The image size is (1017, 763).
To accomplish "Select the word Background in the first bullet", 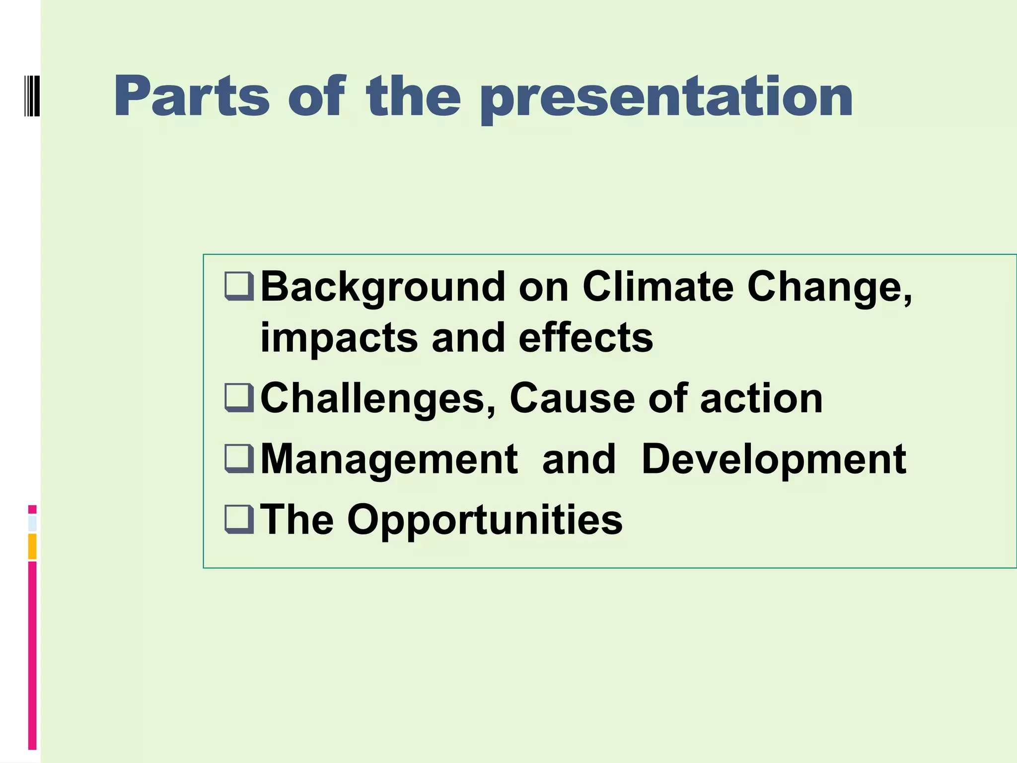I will pos(383,288).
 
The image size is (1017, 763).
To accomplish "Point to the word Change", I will pos(829,288).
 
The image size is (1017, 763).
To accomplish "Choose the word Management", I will pos(389,459).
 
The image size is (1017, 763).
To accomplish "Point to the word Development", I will pos(774,459).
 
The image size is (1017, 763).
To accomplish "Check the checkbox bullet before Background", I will pos(239,286).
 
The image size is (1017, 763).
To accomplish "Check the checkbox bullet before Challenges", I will pos(239,397).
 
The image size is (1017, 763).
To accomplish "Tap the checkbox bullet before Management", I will pos(239,458).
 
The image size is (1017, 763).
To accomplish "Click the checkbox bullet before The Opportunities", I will pos(239,519).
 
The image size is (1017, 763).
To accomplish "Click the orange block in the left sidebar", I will pos(32,546).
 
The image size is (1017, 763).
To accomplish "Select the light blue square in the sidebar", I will pos(32,524).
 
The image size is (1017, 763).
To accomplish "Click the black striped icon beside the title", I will pos(32,95).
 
